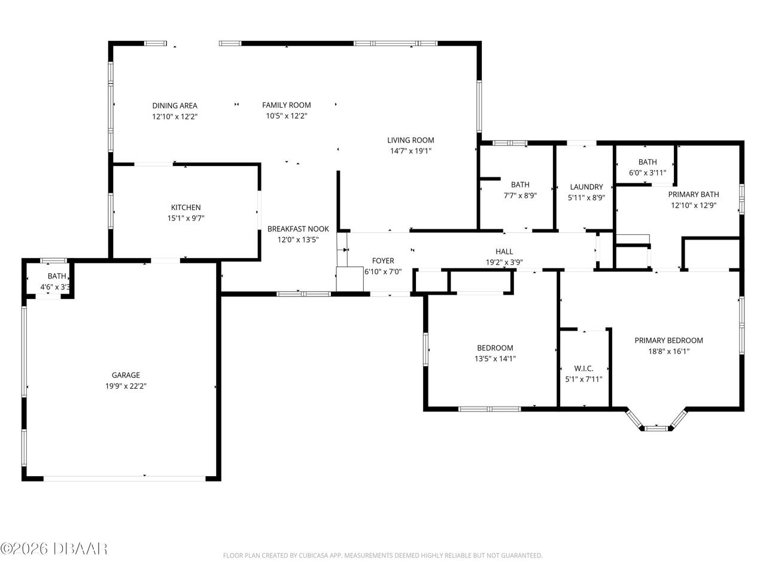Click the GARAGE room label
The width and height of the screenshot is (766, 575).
126,375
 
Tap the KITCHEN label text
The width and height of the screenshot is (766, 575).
186,207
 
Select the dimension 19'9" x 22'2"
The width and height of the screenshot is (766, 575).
126,386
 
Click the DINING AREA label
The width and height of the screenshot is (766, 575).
174,105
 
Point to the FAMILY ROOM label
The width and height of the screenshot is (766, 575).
286,105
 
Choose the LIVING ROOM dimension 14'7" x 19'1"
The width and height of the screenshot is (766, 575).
410,151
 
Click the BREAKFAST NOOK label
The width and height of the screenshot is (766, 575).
298,228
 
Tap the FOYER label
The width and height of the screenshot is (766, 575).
383,261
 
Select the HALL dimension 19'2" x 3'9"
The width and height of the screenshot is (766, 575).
504,262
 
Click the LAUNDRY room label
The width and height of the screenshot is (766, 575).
586,187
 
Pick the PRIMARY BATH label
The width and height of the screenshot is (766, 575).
693,194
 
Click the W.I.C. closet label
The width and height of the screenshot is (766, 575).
583,368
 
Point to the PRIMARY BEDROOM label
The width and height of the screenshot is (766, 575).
668,340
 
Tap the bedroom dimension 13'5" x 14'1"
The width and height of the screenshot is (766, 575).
495,359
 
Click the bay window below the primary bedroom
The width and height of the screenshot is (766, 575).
656,426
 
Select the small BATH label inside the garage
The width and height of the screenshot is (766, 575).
57,276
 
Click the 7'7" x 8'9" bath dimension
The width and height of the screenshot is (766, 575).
519,195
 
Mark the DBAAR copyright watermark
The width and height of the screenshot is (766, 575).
54,547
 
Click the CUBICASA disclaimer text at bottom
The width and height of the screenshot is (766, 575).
382,555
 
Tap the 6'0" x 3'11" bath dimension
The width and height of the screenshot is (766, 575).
647,172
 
